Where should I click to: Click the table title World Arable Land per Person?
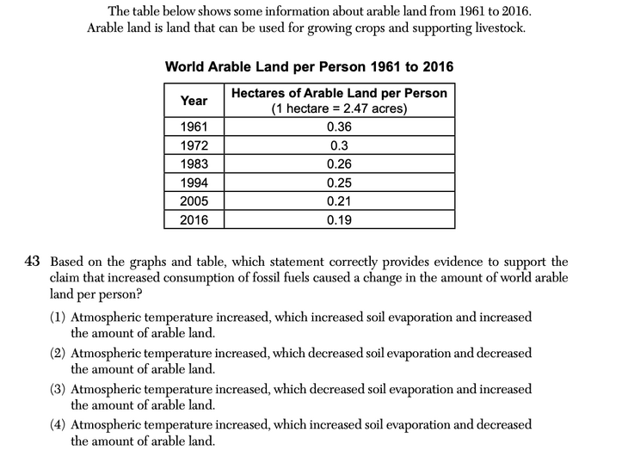pos(309,67)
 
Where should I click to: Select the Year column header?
pos(194,101)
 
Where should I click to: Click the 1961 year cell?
pos(194,127)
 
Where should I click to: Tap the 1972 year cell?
pos(194,145)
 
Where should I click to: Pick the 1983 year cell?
pos(194,164)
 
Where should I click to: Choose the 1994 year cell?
pos(194,182)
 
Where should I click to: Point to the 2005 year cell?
pos(194,201)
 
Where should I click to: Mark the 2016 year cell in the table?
pos(194,219)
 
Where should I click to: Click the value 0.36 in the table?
pos(339,127)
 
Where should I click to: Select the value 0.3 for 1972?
pos(339,145)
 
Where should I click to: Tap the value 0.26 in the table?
pos(339,164)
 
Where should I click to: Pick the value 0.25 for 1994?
pos(339,182)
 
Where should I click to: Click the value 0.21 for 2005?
pos(339,201)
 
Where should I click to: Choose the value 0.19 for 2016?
pos(339,219)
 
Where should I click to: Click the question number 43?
pos(36,262)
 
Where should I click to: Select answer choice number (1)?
pos(58,318)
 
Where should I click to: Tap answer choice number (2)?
pos(58,354)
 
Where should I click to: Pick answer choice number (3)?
pos(58,390)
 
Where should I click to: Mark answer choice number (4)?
pos(58,425)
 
